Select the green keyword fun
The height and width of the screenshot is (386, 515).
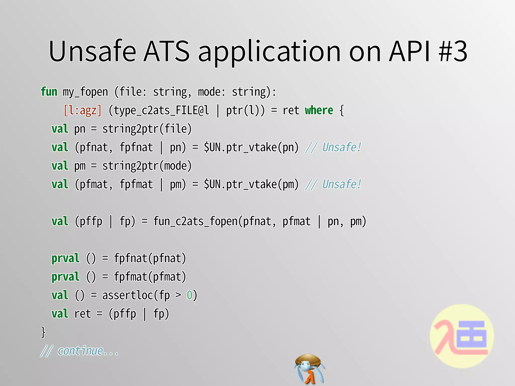pos(49,92)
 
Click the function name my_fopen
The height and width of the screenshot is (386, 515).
pos(85,92)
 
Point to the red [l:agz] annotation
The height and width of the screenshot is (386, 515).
pos(82,111)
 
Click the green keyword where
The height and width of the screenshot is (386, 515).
pos(319,110)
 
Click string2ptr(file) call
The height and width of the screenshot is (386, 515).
pos(147,129)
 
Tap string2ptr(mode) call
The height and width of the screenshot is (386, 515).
pos(147,166)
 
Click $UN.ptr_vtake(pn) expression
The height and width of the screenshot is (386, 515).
pos(251,148)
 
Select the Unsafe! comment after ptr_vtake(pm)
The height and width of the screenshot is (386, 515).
pos(341,184)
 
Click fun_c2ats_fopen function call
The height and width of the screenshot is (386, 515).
pos(196,221)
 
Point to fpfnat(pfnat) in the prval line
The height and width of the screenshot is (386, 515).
pos(150,258)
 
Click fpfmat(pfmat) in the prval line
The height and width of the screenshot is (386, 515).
pos(150,277)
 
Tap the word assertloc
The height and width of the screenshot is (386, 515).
pos(127,295)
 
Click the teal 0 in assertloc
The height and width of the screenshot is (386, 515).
pos(189,295)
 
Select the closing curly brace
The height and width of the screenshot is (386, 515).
pos(43,332)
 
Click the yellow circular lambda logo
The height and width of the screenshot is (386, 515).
pos(462,336)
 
